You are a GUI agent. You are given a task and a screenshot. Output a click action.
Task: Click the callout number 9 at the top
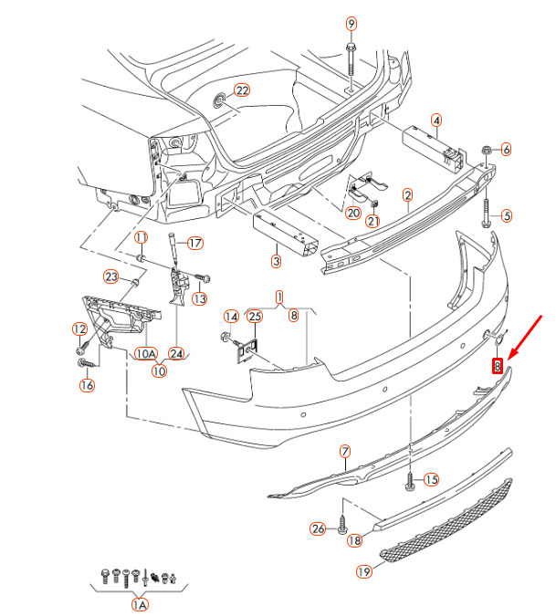351,24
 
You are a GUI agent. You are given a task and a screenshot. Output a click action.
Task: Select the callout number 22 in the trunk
242,90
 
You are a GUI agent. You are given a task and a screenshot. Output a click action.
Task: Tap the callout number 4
436,120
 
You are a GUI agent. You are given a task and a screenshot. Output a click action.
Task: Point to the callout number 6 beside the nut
507,150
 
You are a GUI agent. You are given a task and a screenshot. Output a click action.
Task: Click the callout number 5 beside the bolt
507,215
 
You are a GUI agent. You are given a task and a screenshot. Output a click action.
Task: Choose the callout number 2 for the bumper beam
407,195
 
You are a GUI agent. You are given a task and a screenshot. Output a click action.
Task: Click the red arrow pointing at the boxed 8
525,337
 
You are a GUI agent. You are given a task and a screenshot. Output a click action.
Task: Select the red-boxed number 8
498,366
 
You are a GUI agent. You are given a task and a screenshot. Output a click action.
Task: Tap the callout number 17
194,243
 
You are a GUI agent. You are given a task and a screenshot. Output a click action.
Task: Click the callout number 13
200,299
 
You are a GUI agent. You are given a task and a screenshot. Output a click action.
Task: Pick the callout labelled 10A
146,353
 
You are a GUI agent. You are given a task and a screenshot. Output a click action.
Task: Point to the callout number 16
87,385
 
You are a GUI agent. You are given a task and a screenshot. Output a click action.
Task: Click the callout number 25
255,317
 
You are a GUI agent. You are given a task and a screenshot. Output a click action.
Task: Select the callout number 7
344,451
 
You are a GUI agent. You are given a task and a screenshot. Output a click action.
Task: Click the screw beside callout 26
342,525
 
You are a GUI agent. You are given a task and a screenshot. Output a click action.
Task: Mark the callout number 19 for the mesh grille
364,571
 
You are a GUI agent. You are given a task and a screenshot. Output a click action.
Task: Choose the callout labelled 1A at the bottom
140,605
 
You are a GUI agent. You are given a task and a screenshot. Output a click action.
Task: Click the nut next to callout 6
487,150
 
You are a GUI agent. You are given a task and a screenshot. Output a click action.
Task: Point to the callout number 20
352,214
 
